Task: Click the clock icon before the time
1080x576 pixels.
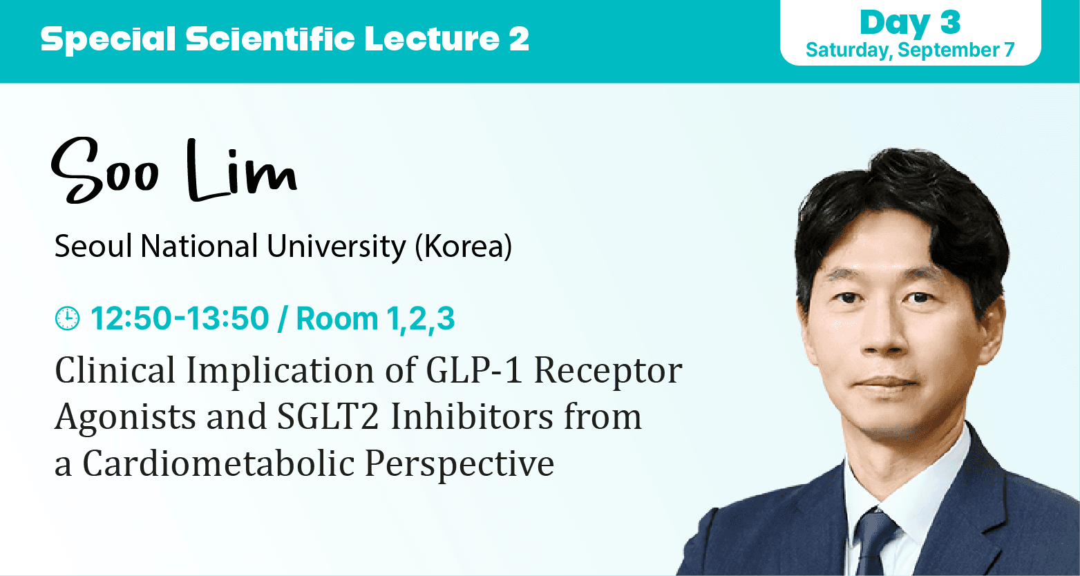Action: tap(68, 318)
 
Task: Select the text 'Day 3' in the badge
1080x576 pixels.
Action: tap(910, 22)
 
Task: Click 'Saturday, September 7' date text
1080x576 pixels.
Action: tap(910, 50)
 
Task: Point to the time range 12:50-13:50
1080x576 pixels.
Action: tap(180, 318)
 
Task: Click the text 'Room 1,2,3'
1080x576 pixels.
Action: tap(375, 318)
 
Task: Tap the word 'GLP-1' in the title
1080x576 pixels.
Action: tap(474, 370)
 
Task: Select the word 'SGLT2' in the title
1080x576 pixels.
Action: tap(328, 416)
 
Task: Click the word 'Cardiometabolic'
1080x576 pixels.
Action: tap(219, 463)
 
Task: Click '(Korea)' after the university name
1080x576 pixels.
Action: tap(464, 247)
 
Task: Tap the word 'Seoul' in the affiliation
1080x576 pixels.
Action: tap(93, 247)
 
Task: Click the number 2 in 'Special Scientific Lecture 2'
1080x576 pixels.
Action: tap(519, 39)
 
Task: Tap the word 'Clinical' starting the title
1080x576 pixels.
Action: tap(115, 370)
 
